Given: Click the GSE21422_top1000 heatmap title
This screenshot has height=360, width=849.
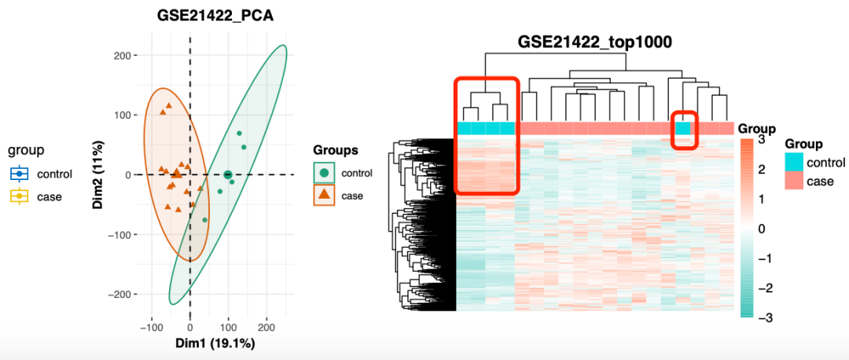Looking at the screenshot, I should [594, 42].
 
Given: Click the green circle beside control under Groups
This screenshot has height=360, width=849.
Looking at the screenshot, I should [324, 173].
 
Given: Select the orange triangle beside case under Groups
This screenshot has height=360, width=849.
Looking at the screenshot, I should [324, 195].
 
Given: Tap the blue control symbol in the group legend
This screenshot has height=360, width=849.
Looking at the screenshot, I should [20, 174].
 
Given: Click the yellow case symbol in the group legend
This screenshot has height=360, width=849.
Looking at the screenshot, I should [20, 197].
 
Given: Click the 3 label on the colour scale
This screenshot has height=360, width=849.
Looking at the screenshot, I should [761, 140].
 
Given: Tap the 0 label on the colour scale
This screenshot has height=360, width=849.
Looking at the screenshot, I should [761, 229].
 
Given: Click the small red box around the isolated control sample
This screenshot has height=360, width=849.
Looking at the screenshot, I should [684, 129].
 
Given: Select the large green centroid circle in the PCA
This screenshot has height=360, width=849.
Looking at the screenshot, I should [228, 174].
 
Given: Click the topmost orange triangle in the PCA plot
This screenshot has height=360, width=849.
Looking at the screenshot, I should [167, 106].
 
